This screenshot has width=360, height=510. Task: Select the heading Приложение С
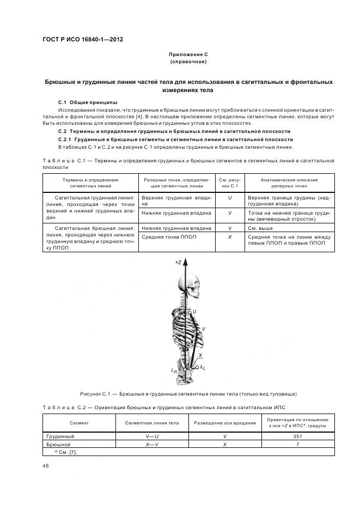188,54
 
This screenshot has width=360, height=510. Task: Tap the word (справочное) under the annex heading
188,62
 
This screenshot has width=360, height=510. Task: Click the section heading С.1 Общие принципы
88,102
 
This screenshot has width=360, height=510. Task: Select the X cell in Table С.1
230,238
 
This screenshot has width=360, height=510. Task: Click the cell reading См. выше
260,228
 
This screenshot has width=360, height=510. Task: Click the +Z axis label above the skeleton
178,262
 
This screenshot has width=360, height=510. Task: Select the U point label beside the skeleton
194,311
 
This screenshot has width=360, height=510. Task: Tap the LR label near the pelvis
174,371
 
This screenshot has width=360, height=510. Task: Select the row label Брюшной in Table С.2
57,445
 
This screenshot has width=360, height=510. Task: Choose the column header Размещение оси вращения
225,422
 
